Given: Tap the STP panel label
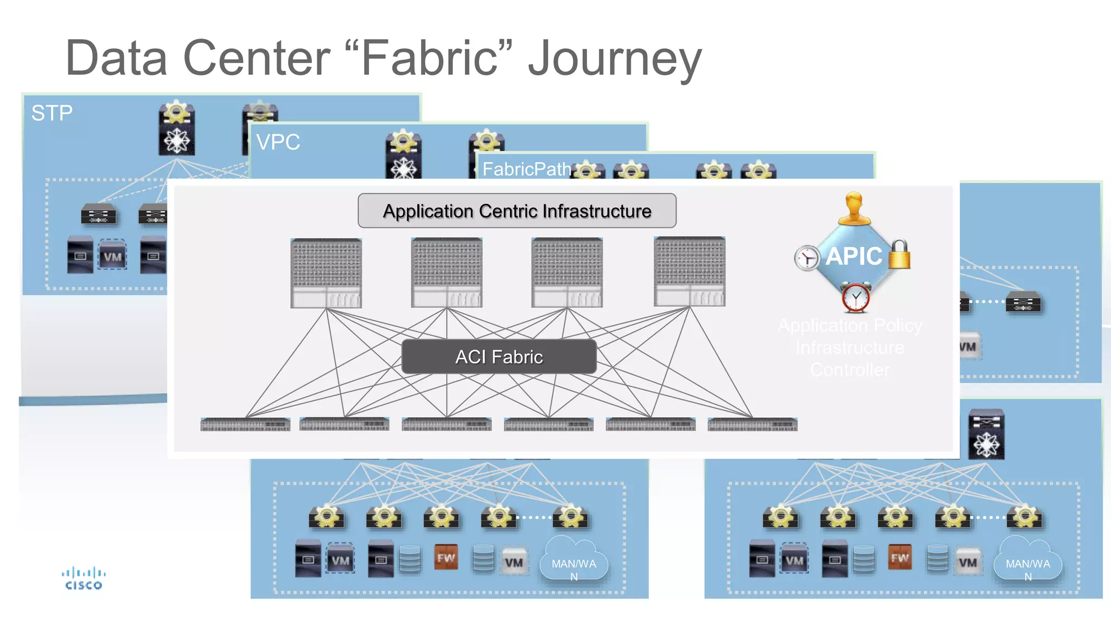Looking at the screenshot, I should [x=52, y=113].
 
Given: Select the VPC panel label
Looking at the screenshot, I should [x=278, y=142].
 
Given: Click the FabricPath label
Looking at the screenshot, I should [x=526, y=169].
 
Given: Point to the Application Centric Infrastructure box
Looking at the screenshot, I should [x=516, y=211].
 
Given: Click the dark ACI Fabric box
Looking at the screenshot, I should [x=499, y=357].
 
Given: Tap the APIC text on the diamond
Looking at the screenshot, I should [x=853, y=256].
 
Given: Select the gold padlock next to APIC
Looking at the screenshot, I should [x=899, y=254].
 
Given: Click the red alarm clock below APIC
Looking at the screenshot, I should [x=855, y=297].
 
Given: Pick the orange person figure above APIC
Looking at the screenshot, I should [x=854, y=209].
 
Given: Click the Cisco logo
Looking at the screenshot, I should [x=84, y=578].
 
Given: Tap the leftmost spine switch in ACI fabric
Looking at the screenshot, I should [x=326, y=273].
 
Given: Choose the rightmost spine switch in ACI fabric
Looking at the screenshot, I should [x=689, y=272].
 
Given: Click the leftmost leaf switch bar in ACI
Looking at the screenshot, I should [x=245, y=424].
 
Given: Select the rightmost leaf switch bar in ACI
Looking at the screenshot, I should [x=752, y=424].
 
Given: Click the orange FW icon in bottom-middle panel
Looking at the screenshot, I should [x=446, y=558].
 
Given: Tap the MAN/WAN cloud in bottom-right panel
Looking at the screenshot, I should [x=1027, y=564].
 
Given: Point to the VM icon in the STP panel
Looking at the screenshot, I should [x=112, y=257].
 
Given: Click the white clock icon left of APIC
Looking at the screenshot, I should [x=807, y=258].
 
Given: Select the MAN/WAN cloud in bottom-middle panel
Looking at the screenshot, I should [x=573, y=564].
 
